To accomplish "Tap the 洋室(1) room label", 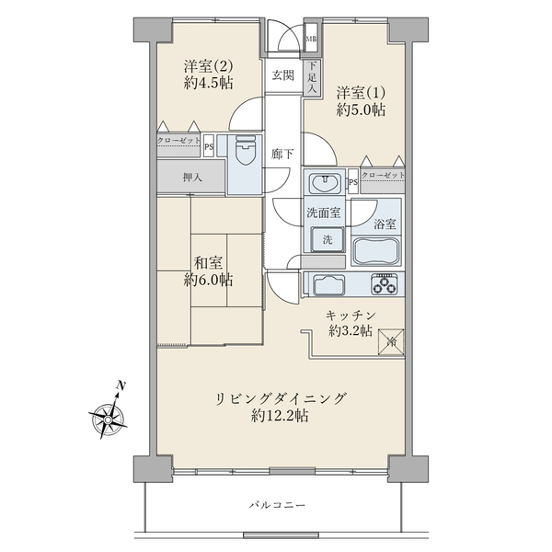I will [360, 93].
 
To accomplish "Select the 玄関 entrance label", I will [282, 76].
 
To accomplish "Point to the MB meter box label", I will [311, 39].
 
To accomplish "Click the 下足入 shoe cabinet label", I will [313, 72].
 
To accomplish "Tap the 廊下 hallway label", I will [282, 155].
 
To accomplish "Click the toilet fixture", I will [246, 153].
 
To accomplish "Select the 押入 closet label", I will [193, 177].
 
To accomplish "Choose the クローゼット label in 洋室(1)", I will [383, 175].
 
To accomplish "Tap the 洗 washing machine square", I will [326, 239].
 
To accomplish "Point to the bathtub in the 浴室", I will [376, 250].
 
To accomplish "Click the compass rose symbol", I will [110, 419].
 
